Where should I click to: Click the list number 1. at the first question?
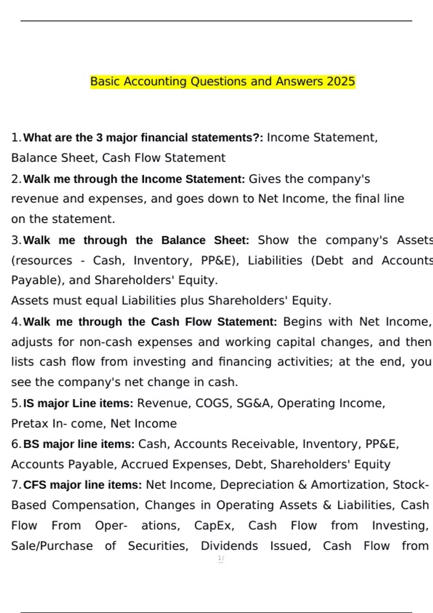click(16, 137)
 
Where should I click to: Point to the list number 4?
click(16, 322)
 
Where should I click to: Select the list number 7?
click(16, 485)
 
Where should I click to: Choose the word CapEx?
click(214, 525)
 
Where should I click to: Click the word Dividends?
click(229, 546)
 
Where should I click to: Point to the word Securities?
click(158, 546)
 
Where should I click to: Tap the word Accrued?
click(145, 464)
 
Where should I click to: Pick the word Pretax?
click(30, 423)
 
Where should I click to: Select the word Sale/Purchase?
click(52, 546)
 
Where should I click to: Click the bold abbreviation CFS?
click(35, 485)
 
